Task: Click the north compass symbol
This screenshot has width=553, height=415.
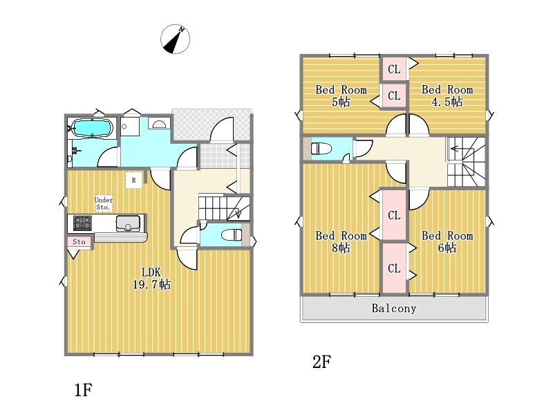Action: pos(175,39)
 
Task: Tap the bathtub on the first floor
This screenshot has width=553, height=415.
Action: pos(93,128)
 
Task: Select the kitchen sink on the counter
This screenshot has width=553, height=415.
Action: pos(128,223)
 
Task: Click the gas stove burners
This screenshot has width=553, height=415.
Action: pos(82,223)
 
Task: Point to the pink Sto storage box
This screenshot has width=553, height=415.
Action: pos(79,241)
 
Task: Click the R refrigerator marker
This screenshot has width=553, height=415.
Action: pos(133,181)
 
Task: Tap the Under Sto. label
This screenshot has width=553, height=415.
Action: pos(103,203)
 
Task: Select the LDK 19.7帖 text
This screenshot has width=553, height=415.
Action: pos(151,278)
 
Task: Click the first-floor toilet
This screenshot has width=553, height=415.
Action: pos(232,234)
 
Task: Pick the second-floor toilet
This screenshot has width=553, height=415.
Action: pos(321,149)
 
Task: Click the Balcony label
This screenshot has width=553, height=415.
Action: pos(394,308)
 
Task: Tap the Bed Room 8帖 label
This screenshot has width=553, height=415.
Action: pos(341,241)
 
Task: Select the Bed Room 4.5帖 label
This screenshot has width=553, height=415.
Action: pos(447,95)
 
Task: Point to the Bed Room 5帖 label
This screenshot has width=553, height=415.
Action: pos(341,95)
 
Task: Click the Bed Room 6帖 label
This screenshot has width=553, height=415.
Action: pos(447,241)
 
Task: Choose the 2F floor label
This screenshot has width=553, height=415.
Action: pos(321,362)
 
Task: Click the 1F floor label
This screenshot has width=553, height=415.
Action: pos(83,390)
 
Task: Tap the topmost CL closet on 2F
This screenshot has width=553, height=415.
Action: pos(394,68)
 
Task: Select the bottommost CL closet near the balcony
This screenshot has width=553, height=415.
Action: pos(394,268)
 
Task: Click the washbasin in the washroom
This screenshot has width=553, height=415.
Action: pos(159,124)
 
